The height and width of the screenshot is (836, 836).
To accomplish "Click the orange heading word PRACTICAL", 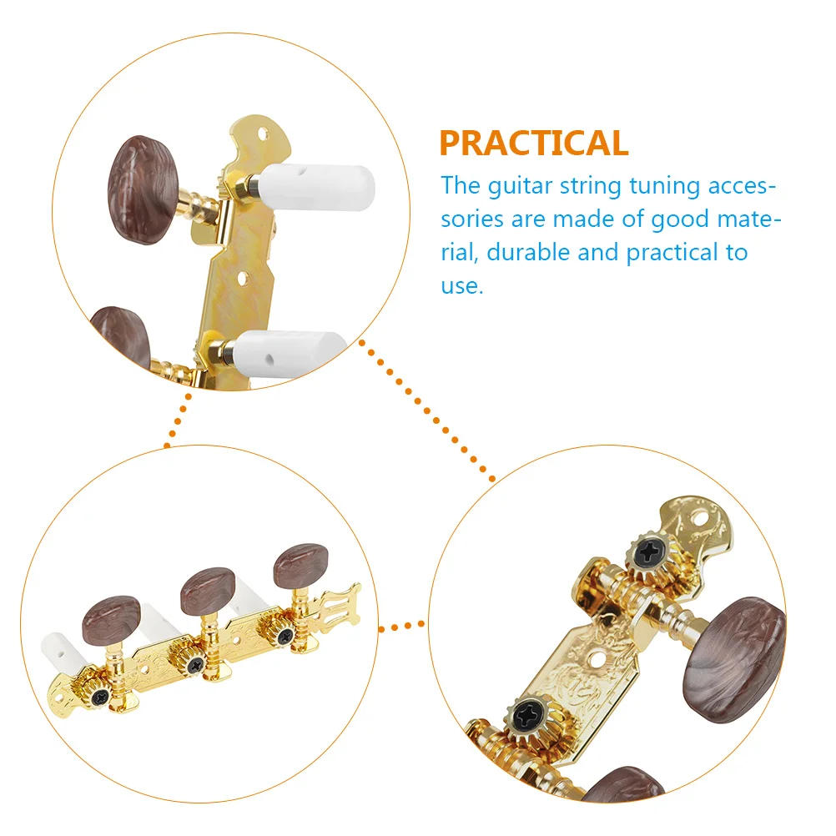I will tap(534, 144).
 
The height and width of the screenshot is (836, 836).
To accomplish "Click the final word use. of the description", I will tap(461, 286).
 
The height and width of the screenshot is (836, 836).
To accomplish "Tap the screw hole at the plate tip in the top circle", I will tap(265, 132).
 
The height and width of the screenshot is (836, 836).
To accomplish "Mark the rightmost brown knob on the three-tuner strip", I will tap(301, 566).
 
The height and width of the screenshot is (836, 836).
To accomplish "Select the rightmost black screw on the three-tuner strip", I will tap(286, 637).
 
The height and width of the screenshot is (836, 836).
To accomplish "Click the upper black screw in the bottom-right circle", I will tap(647, 552).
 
